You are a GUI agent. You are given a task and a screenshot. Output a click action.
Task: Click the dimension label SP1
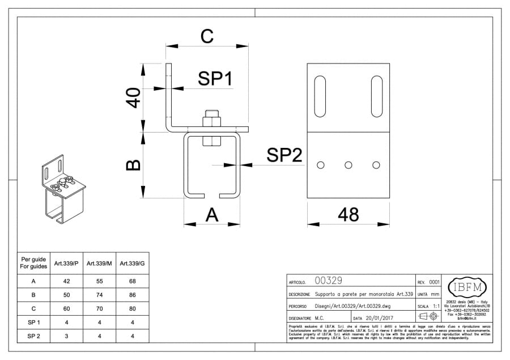215,79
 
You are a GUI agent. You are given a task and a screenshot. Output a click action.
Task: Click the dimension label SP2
284,155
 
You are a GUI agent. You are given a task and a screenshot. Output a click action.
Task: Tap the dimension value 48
348,214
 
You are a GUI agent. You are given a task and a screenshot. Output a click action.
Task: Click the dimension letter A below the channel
211,214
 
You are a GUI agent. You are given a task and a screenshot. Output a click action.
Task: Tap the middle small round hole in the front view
348,165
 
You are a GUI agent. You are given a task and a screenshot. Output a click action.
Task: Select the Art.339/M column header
99,264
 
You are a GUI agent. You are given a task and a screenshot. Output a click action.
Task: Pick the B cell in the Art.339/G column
132,295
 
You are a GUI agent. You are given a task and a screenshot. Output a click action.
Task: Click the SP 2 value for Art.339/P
66,336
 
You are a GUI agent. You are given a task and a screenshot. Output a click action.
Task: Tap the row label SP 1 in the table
33,323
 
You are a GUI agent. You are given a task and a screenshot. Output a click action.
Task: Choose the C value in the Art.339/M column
99,308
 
